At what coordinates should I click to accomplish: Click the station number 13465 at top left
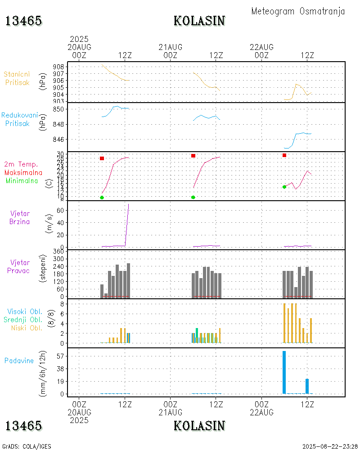pyautogui.click(x=24, y=21)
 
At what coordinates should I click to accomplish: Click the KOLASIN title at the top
pyautogui.click(x=199, y=21)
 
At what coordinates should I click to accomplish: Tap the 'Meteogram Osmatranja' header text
pyautogui.click(x=298, y=11)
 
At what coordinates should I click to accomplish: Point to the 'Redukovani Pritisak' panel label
pyautogui.click(x=20, y=119)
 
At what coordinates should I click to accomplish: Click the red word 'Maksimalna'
pyautogui.click(x=23, y=172)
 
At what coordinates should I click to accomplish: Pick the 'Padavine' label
pyautogui.click(x=19, y=360)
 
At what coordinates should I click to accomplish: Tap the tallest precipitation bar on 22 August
pyautogui.click(x=284, y=372)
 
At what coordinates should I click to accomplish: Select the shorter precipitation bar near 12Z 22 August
pyautogui.click(x=307, y=386)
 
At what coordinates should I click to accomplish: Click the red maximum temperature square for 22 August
pyautogui.click(x=284, y=155)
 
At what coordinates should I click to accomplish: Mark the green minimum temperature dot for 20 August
pyautogui.click(x=102, y=198)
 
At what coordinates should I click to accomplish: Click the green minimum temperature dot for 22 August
pyautogui.click(x=284, y=187)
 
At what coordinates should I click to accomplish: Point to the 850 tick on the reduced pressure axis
pyautogui.click(x=62, y=109)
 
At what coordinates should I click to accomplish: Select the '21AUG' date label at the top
pyautogui.click(x=171, y=47)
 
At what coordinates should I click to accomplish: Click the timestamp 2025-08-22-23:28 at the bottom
pyautogui.click(x=330, y=446)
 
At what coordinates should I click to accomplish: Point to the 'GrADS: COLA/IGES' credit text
pyautogui.click(x=27, y=446)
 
